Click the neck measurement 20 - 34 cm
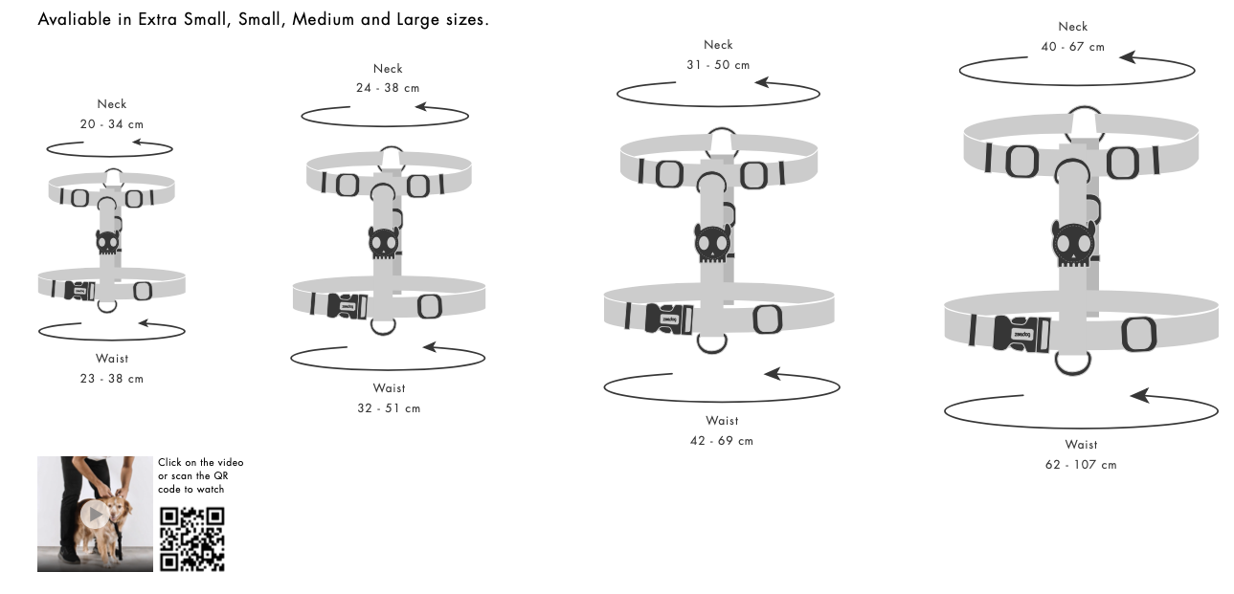coord(112,124)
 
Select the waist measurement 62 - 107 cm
coord(1081,465)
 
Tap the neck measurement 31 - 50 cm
coord(718,65)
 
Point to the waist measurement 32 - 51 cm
coord(389,408)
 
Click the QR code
coord(191,539)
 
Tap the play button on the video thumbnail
coord(94,515)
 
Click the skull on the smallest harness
coord(107,242)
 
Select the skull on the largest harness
coord(1073,243)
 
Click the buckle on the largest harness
coord(1021,333)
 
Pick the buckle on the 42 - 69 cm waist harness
coord(668,319)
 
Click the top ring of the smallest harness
coord(113,176)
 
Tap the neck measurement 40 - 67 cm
coord(1072,47)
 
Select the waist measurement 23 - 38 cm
coord(112,379)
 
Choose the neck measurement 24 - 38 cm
coord(388,88)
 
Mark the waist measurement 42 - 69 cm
coord(722,441)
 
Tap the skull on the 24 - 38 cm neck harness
coord(383,243)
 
